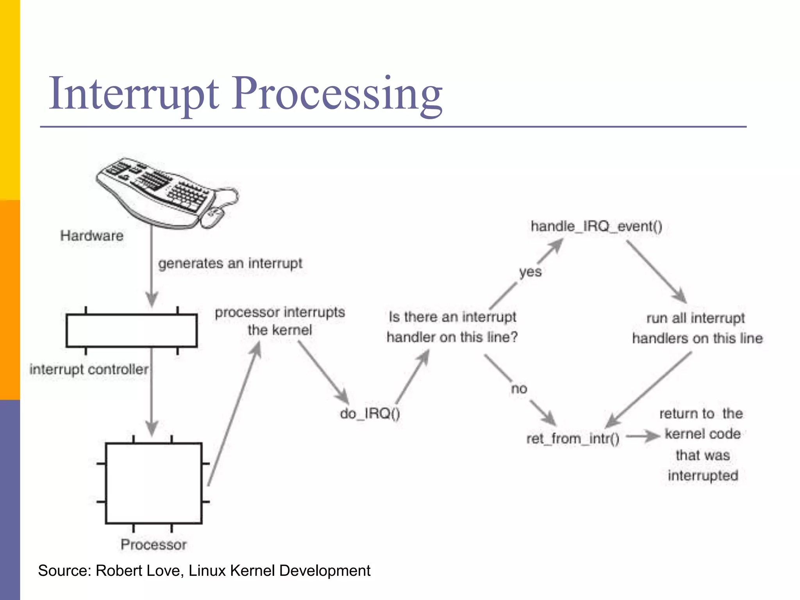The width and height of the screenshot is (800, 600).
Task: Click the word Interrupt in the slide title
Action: [x=133, y=94]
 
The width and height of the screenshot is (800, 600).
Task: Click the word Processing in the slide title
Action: [x=337, y=94]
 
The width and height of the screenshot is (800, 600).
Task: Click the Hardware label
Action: [x=92, y=236]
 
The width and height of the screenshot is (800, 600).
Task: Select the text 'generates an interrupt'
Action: [x=230, y=263]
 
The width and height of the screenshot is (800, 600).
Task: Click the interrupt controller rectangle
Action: [x=132, y=330]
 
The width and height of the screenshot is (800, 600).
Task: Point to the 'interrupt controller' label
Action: [x=89, y=369]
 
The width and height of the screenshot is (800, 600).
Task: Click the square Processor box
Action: [x=154, y=483]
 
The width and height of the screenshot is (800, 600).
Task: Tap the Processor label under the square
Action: [x=154, y=545]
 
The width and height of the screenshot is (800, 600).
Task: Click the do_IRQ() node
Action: [x=370, y=413]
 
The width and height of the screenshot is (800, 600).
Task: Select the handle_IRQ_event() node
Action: [x=596, y=226]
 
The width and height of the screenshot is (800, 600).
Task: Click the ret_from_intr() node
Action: [x=573, y=439]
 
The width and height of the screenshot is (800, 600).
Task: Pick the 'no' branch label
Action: [x=519, y=389]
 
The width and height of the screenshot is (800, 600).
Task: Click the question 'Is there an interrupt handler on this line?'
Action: [x=452, y=327]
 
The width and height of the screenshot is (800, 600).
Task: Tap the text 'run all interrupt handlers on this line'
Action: [x=697, y=328]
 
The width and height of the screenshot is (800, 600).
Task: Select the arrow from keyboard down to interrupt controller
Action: [x=152, y=270]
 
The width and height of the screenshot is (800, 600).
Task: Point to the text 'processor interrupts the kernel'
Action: [x=280, y=321]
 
